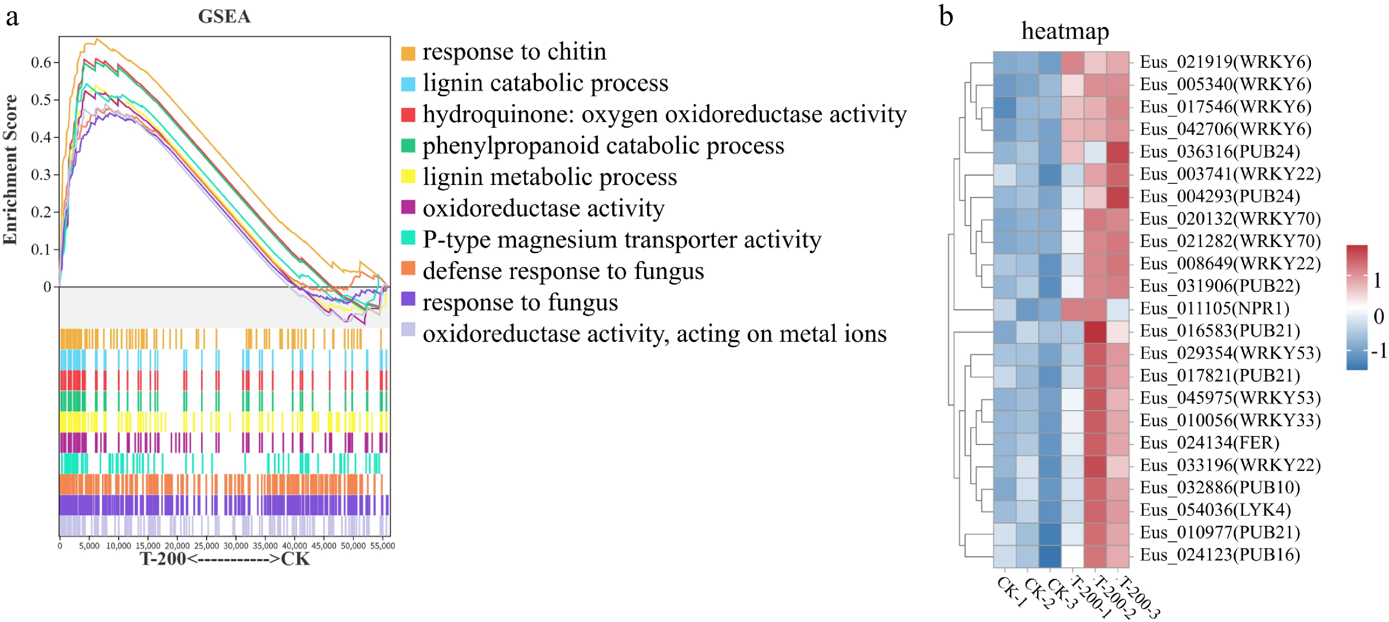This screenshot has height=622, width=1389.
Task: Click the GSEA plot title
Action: (x=224, y=17)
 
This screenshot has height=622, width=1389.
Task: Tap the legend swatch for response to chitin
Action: (x=408, y=53)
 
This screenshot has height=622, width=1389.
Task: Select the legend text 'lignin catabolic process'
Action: (x=545, y=83)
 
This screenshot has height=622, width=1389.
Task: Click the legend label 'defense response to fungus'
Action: (x=563, y=271)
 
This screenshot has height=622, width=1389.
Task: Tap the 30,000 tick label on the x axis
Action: (x=236, y=546)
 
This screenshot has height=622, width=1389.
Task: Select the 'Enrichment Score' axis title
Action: (x=11, y=169)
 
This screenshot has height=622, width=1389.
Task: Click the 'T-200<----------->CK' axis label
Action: (x=225, y=559)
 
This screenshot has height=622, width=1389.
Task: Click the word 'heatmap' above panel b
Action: (x=1065, y=31)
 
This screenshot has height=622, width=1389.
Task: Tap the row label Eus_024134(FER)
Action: (x=1209, y=443)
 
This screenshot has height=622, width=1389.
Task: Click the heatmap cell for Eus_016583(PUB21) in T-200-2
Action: (x=1095, y=331)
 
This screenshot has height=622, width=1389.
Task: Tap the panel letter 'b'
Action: (x=946, y=16)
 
